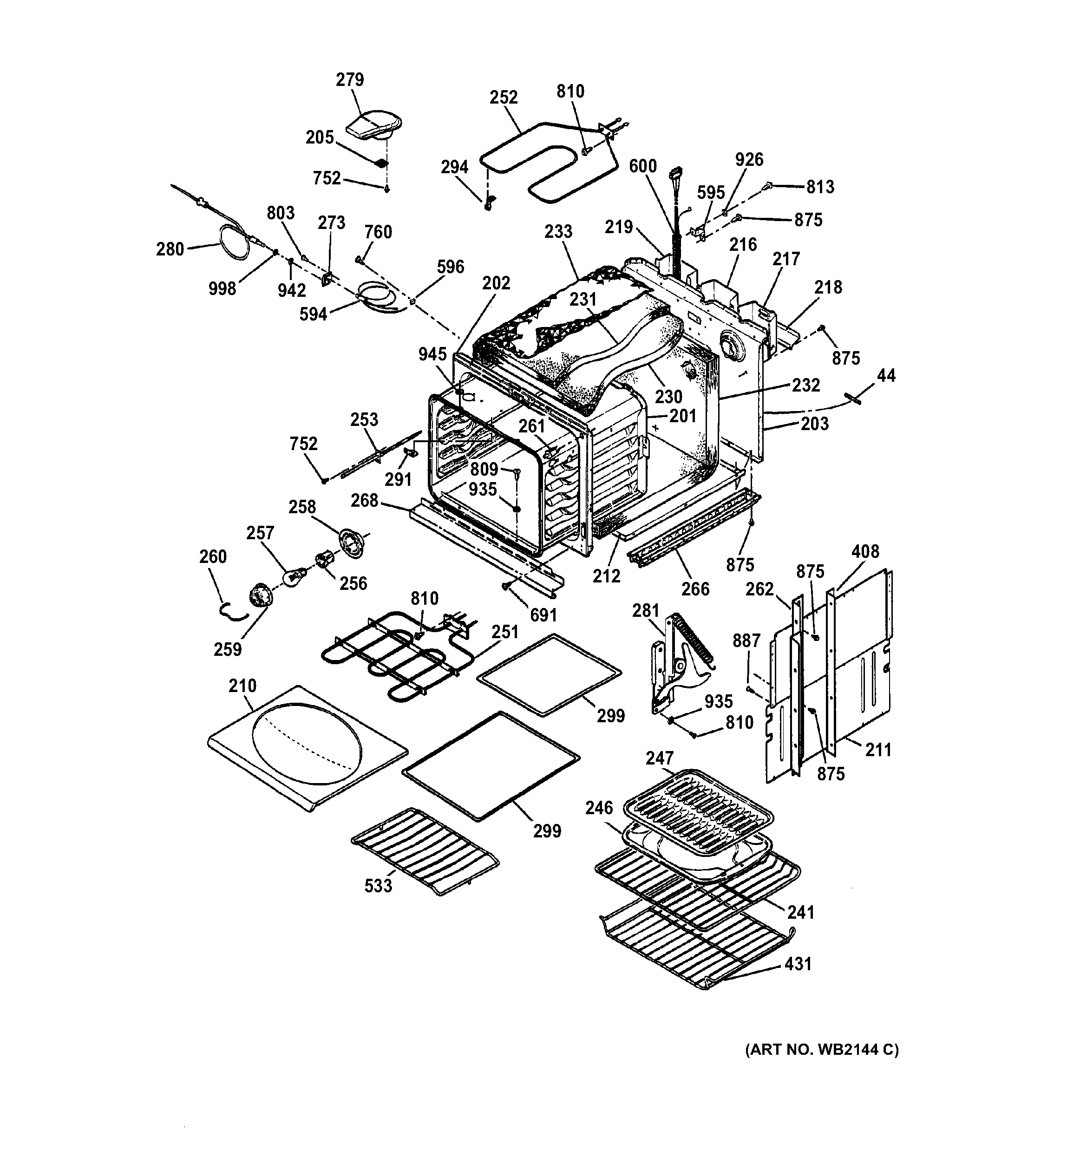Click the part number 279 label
pyautogui.click(x=349, y=80)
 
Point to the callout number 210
pyautogui.click(x=242, y=686)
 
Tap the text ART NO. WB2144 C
pyautogui.click(x=821, y=1050)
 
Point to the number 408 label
pyautogui.click(x=865, y=551)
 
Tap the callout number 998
pyautogui.click(x=222, y=288)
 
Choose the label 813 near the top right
pyautogui.click(x=820, y=187)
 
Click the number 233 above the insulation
pyautogui.click(x=558, y=231)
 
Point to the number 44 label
pyautogui.click(x=886, y=376)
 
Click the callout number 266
pyautogui.click(x=695, y=589)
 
